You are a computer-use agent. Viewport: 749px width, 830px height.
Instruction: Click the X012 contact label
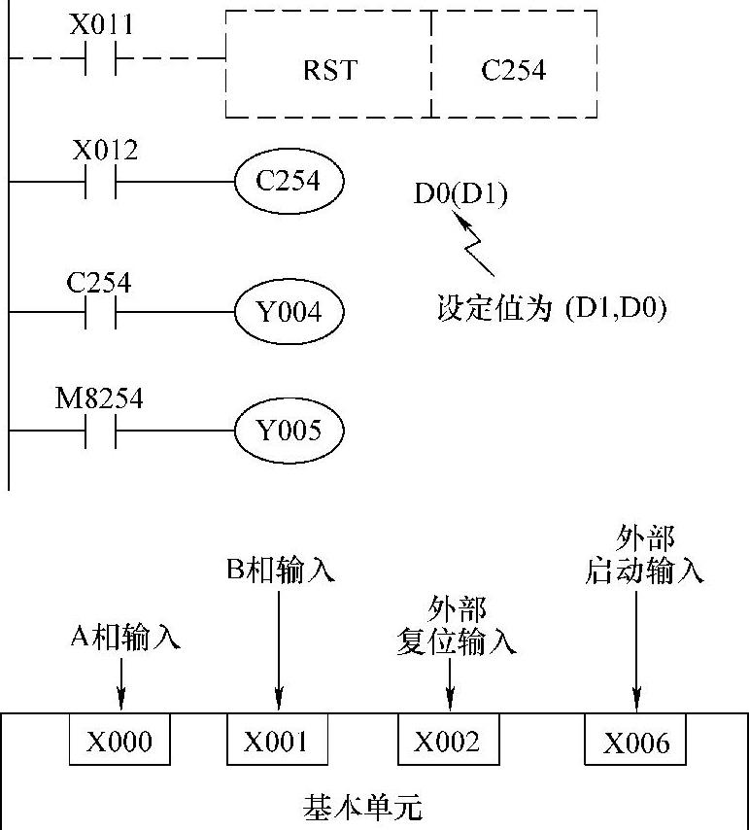[x=105, y=151]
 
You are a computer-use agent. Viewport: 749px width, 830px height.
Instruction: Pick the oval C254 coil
[x=289, y=181]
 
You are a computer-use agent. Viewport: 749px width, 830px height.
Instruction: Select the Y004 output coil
[x=289, y=311]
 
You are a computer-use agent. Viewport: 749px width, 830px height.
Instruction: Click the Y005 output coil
[x=289, y=430]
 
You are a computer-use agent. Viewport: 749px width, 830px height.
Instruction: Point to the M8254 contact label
[x=99, y=398]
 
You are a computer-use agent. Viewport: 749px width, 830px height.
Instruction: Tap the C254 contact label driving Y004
[x=99, y=282]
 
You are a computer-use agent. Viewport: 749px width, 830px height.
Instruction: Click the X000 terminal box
[x=119, y=742]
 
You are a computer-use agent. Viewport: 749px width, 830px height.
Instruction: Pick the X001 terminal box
[x=276, y=742]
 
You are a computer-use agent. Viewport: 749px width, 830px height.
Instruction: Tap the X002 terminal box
[x=447, y=742]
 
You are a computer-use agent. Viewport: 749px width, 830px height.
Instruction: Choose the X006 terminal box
[x=636, y=744]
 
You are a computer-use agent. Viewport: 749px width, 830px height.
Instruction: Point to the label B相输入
[x=281, y=569]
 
